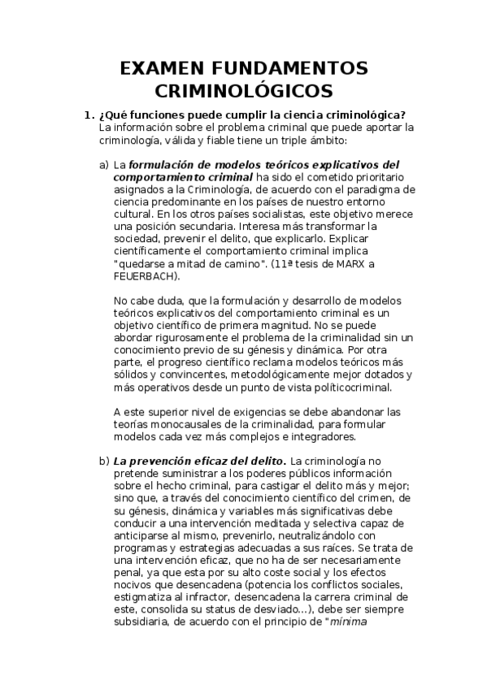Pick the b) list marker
pyautogui.click(x=104, y=461)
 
